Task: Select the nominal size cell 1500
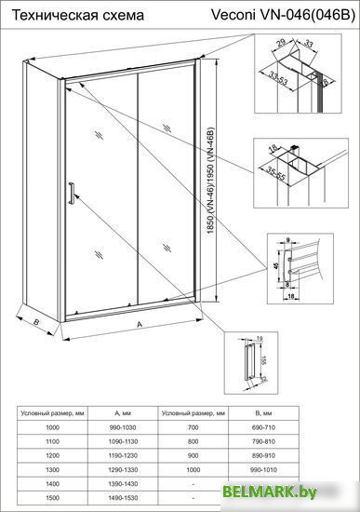pos(53,500)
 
